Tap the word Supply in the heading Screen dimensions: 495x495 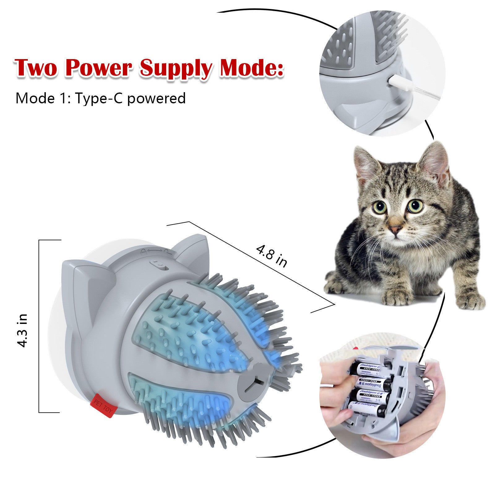[x=175, y=68]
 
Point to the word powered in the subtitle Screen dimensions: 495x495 [x=156, y=98]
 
